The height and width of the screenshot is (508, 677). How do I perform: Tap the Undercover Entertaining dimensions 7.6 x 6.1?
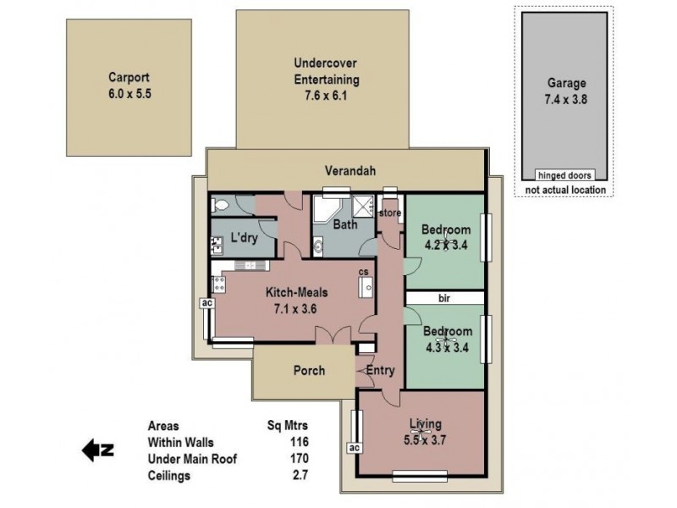coord(327,96)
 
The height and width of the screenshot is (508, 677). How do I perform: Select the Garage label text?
coord(565,83)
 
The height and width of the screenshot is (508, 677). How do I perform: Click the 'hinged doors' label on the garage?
coord(565,174)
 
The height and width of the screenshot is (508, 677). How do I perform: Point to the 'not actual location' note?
coord(565,190)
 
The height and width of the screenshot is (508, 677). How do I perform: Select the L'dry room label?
coord(244,239)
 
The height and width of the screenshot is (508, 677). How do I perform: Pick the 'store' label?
coord(389,213)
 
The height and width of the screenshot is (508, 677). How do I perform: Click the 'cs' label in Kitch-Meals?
coord(363,272)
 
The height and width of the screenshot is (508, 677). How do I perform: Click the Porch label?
coord(310,370)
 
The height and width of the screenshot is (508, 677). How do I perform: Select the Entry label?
coord(380,370)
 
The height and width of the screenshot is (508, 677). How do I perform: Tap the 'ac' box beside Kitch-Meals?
coord(205,302)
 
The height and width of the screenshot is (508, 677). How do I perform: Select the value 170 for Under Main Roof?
coord(298,459)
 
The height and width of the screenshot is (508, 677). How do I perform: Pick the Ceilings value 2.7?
coord(298,476)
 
